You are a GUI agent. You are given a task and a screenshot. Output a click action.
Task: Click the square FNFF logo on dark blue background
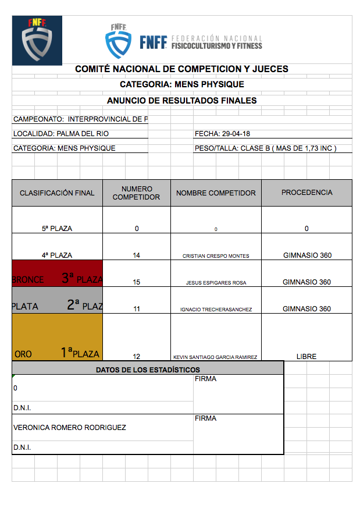[37, 40]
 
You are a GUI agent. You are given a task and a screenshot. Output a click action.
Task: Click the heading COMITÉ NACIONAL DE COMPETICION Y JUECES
[181, 69]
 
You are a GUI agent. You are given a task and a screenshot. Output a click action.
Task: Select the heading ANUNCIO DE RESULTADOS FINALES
[181, 101]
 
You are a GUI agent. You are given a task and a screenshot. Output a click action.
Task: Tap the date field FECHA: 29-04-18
[223, 134]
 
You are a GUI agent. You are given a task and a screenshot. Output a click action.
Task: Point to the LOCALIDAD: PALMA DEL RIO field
[61, 134]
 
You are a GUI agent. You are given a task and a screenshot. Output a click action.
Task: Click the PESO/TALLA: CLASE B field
[265, 148]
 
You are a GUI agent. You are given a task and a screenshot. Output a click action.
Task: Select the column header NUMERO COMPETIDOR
[137, 193]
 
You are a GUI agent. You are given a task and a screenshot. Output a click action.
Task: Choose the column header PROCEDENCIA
[306, 193]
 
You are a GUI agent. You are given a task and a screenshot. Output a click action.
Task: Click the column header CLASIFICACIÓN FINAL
[57, 193]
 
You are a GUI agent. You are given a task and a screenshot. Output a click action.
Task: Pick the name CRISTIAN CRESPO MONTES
[216, 256]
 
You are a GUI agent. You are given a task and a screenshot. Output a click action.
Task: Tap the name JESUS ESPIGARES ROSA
[216, 283]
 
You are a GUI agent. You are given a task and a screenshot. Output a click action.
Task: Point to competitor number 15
[137, 282]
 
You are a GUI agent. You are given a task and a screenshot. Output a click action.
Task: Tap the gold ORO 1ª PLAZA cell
[57, 338]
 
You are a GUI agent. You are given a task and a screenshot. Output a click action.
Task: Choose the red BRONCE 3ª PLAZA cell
[57, 273]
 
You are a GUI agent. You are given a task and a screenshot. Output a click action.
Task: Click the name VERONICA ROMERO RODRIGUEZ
[70, 428]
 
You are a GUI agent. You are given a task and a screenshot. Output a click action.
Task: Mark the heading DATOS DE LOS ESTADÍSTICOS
[148, 370]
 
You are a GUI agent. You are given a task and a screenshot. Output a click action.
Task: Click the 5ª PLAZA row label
[57, 229]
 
